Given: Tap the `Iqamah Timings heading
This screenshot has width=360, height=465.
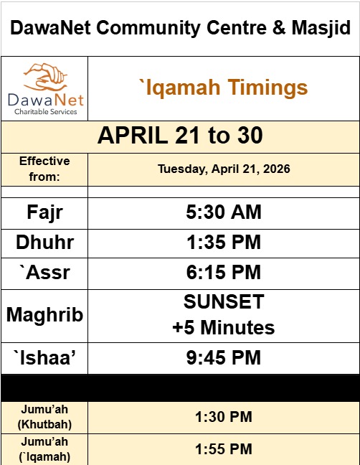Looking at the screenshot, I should (223, 88).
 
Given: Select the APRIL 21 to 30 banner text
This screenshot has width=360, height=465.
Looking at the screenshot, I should (180, 136).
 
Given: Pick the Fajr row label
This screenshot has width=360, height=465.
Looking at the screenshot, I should (44, 212).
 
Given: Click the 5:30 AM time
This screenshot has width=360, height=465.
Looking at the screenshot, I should (223, 212).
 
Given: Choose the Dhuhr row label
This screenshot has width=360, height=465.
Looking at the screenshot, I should (44, 243).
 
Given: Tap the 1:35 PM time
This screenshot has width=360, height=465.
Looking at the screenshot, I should (223, 243).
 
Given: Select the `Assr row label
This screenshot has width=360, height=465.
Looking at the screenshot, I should (44, 273).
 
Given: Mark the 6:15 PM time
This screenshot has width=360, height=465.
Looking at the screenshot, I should (223, 273).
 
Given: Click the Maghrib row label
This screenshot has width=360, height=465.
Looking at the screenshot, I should (44, 314).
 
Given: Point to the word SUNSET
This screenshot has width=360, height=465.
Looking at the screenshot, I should (223, 301).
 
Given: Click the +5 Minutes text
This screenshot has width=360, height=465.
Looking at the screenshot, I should (223, 328).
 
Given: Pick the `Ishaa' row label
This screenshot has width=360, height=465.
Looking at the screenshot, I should (44, 357).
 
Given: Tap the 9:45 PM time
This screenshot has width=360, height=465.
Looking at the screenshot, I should (223, 357).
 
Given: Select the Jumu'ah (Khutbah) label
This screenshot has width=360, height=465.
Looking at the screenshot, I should (44, 417).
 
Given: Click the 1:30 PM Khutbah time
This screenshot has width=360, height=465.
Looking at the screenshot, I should (223, 417).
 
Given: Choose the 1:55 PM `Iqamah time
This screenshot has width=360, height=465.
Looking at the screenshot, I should (223, 449).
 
